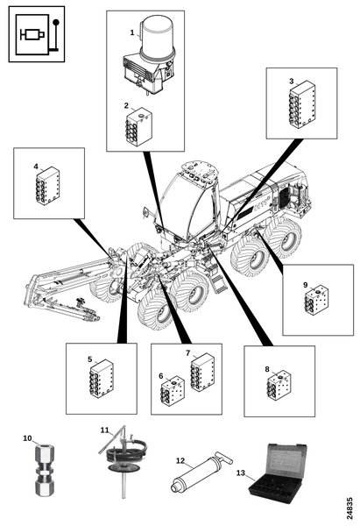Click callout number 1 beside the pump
point(132,32)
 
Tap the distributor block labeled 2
point(138,127)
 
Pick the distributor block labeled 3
point(302,104)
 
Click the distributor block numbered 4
point(47,186)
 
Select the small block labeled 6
point(173,391)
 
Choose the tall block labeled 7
point(202,373)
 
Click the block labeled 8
point(279,386)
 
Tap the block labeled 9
point(317,300)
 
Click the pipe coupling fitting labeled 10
point(45,469)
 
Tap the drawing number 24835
point(349,508)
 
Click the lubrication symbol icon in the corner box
point(37,34)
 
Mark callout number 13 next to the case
point(241,473)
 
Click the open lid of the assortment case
point(287,461)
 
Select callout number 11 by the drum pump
point(105,430)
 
